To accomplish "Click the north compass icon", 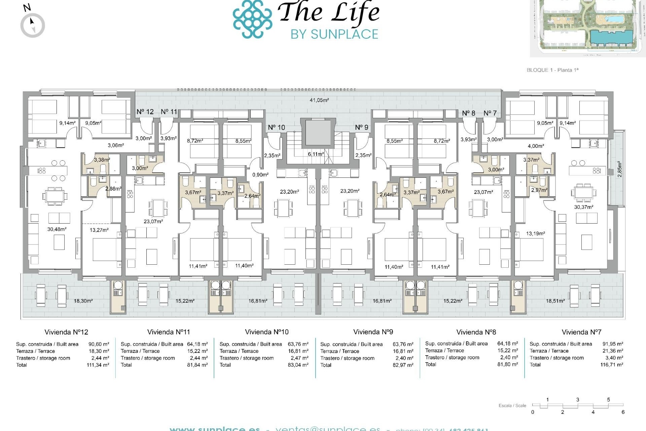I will (x=33, y=25).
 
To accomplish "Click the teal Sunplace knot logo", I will (x=252, y=19).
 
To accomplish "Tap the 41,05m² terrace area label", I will (x=319, y=100).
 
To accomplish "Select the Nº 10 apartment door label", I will (x=277, y=127).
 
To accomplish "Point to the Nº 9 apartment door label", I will (x=362, y=127).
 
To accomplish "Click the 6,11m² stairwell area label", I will (x=316, y=154).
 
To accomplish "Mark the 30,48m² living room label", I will (x=57, y=229).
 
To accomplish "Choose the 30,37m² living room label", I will (x=583, y=207).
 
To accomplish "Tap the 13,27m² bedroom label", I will (x=99, y=230).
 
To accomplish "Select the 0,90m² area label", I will (x=260, y=175).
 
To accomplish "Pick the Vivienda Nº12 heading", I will (x=66, y=332).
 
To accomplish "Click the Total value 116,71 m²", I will (x=612, y=365).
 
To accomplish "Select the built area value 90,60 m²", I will (x=99, y=344).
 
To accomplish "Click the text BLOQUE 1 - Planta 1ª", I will (x=552, y=70).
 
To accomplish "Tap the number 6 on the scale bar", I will (x=623, y=412).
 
